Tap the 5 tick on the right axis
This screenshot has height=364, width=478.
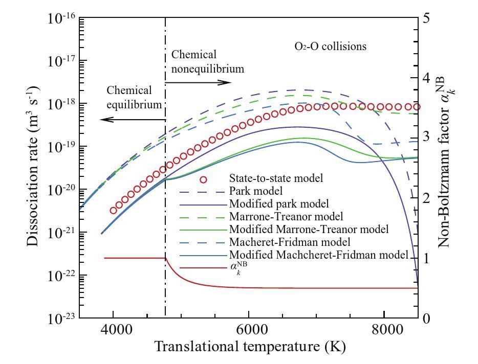425,18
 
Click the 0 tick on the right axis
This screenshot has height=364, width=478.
425,318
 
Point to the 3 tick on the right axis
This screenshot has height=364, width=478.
425,138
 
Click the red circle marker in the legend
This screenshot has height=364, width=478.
204,179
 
